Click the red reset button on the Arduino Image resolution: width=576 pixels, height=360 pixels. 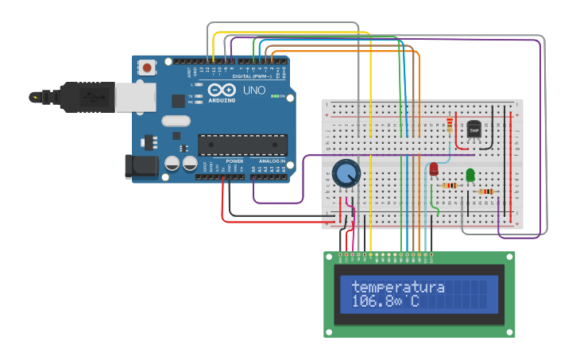148,68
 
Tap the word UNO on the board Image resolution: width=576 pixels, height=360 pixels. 254,91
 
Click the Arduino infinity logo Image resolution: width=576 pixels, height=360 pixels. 222,90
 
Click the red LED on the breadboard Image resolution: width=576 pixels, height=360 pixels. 434,168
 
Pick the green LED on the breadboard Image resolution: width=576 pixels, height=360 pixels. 470,174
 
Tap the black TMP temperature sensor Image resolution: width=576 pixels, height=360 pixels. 474,129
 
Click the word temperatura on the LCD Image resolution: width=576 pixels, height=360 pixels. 398,287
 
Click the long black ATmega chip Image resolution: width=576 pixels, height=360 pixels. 242,145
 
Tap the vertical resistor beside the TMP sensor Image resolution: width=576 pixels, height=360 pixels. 450,126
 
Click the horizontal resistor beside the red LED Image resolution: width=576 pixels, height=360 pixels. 450,186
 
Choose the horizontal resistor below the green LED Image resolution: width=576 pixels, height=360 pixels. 485,192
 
